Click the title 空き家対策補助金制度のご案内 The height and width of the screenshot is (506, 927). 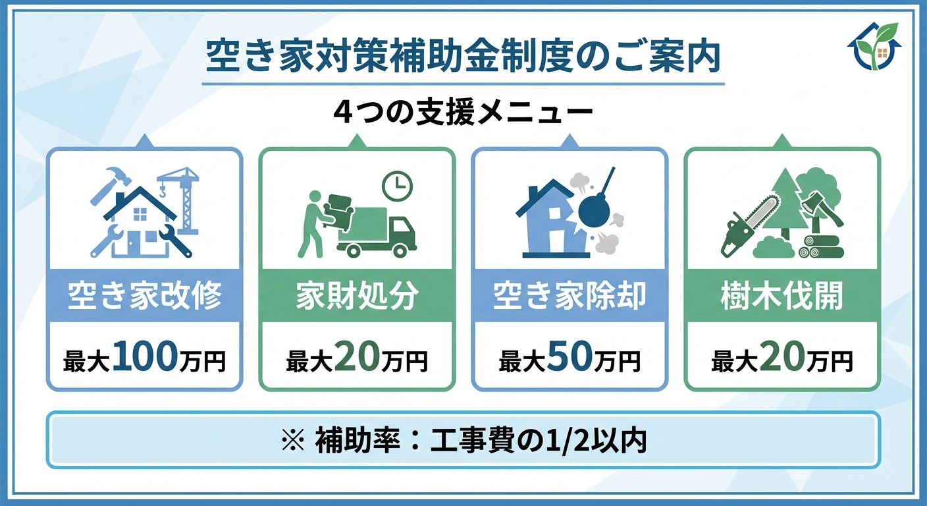point(463,58)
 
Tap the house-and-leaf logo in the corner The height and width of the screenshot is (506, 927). point(873,46)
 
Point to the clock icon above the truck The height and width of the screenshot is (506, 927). point(397,186)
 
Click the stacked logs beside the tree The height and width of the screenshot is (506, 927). point(820,246)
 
